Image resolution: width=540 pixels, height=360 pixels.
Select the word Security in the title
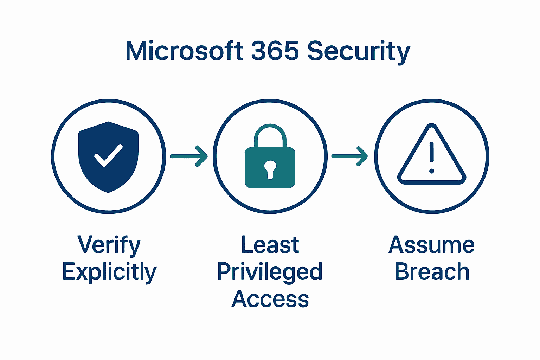point(359,52)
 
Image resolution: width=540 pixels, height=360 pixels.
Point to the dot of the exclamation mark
point(432,171)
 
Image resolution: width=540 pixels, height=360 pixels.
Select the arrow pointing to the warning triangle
point(350,156)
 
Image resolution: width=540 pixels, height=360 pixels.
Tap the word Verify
point(109,245)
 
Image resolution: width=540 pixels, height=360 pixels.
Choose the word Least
point(270,245)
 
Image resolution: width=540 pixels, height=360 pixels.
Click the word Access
point(270,299)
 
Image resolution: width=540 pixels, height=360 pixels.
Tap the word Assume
point(432,245)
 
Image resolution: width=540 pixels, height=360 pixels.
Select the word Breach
point(432,272)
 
